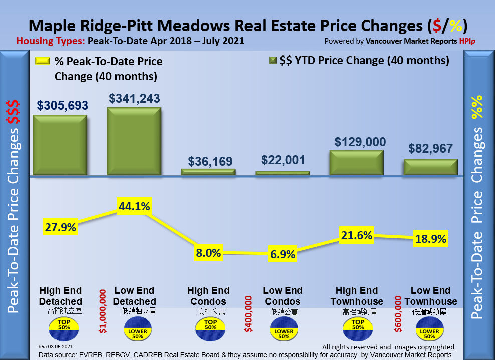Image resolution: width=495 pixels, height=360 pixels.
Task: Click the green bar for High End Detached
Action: click(x=60, y=146)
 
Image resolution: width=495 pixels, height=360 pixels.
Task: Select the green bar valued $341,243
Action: click(x=134, y=142)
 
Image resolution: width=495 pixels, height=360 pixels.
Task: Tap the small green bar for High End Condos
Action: click(x=208, y=172)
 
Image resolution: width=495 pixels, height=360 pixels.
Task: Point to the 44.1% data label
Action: click(x=134, y=206)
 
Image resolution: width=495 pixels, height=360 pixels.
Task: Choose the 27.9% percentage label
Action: click(x=60, y=227)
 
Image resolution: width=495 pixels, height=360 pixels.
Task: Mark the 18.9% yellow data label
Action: click(x=430, y=239)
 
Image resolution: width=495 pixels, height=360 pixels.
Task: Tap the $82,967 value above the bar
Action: click(x=430, y=148)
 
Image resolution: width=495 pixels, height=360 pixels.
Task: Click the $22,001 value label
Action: click(x=283, y=160)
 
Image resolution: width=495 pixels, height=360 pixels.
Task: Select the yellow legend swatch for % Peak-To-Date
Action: click(x=43, y=61)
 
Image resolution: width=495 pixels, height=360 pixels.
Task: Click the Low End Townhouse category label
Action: click(x=430, y=296)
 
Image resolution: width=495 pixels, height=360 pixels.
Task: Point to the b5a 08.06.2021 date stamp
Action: click(x=56, y=346)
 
